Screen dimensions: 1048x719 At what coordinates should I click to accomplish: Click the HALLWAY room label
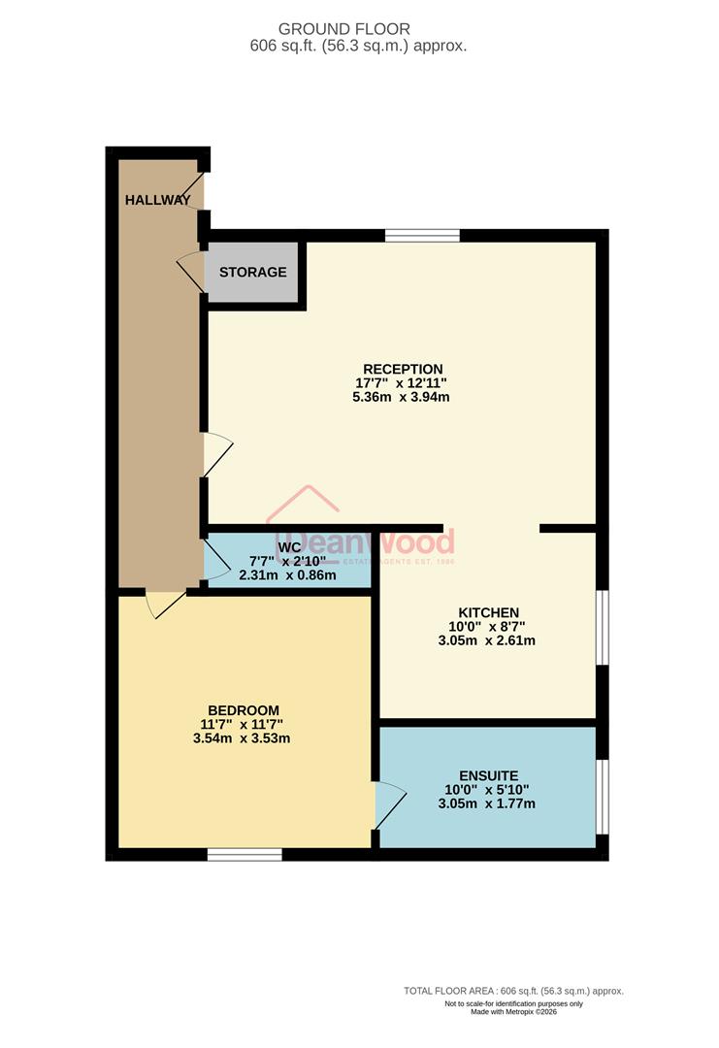(157, 200)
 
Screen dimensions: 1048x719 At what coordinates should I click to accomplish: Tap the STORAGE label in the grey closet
(252, 272)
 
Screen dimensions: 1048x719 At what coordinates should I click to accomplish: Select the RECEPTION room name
(403, 369)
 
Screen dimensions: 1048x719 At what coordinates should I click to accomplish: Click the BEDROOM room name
(244, 709)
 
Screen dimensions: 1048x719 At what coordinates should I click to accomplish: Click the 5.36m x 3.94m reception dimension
(403, 397)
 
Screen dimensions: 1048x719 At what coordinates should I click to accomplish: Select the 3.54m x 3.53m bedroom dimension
(244, 737)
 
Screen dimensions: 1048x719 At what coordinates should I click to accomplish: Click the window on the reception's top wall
(422, 235)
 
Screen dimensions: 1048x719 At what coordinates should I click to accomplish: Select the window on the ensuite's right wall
(602, 796)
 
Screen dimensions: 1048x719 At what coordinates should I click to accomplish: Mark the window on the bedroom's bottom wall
(245, 854)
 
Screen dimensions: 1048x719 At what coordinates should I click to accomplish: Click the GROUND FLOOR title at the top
(358, 29)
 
